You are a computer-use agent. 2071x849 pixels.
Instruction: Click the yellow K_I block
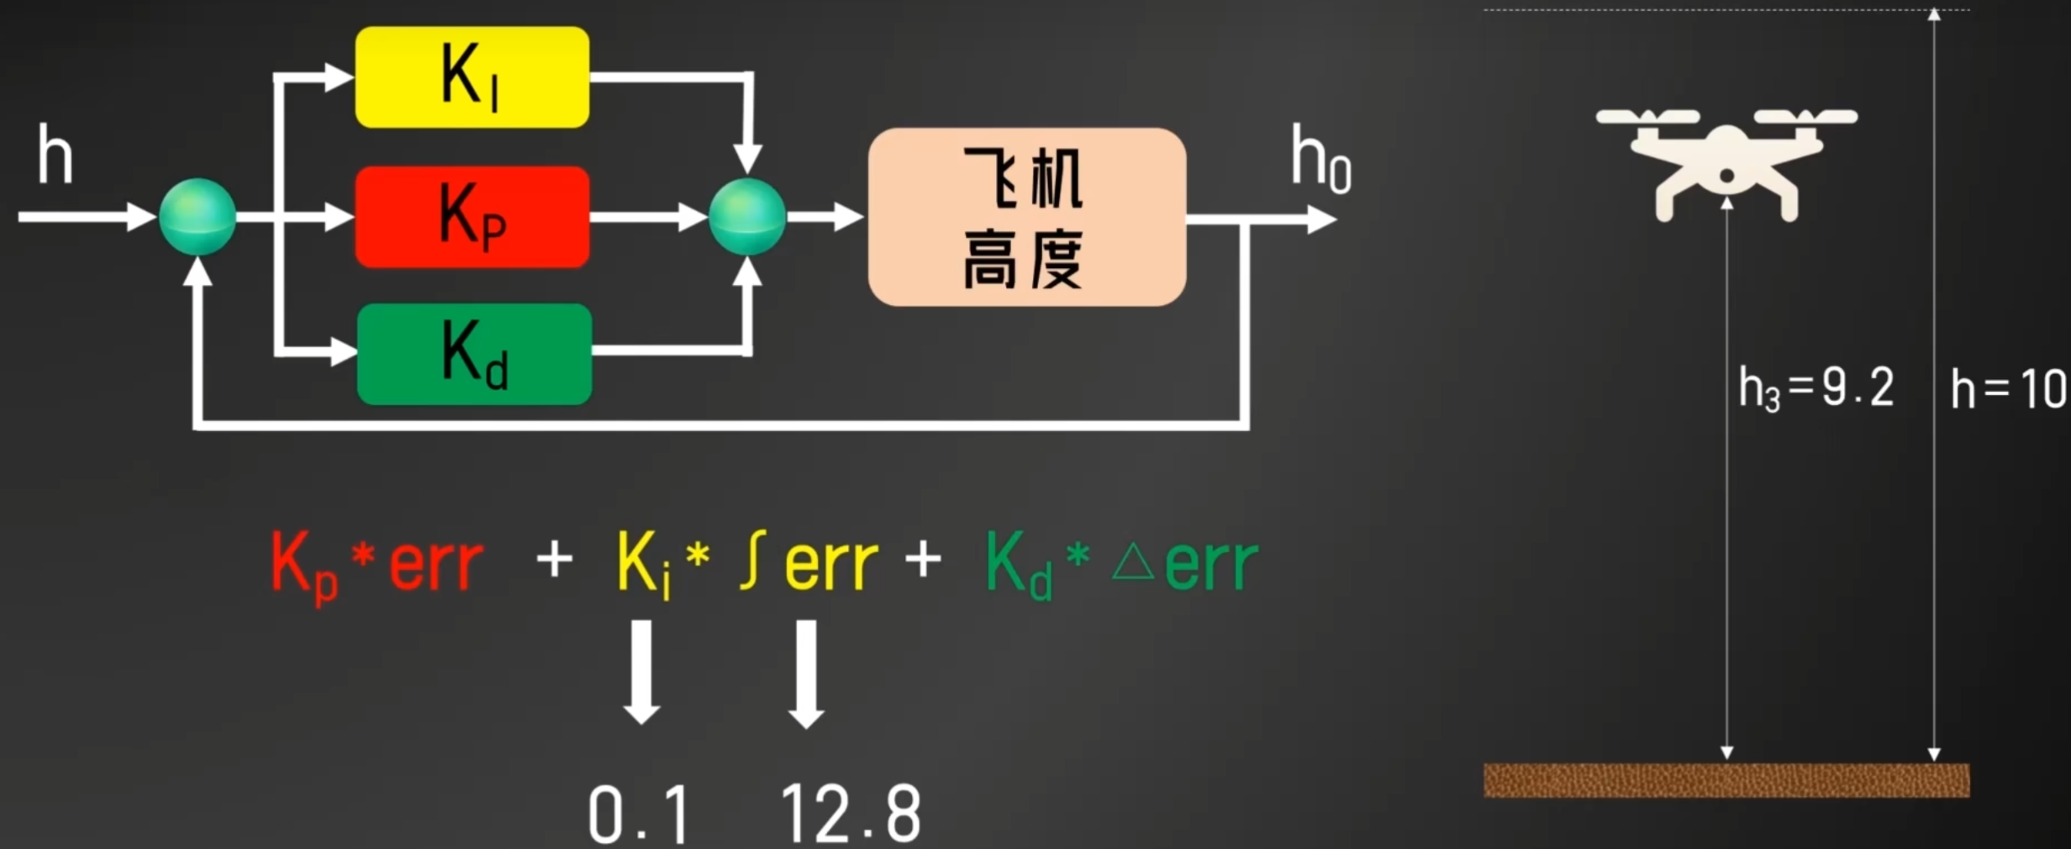[x=472, y=77]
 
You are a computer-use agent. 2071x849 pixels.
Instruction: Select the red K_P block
[x=472, y=217]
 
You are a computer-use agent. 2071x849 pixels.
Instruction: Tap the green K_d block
[x=475, y=354]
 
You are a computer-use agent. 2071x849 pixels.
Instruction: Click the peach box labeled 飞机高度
[x=1027, y=217]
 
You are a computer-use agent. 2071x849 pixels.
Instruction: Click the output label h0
[x=1321, y=160]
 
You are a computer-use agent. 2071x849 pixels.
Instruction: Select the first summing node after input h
[x=198, y=217]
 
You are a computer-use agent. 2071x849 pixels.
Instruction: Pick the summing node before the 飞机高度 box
[x=747, y=217]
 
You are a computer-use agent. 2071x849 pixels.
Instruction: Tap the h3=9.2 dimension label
[x=1816, y=389]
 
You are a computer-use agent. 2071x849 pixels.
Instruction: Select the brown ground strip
[x=1726, y=780]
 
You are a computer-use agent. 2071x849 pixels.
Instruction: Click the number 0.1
[x=639, y=814]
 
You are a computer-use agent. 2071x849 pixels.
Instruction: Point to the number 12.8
[x=851, y=814]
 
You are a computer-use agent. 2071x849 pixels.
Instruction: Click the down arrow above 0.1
[x=641, y=672]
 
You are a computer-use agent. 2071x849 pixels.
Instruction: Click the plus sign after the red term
[x=555, y=559]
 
